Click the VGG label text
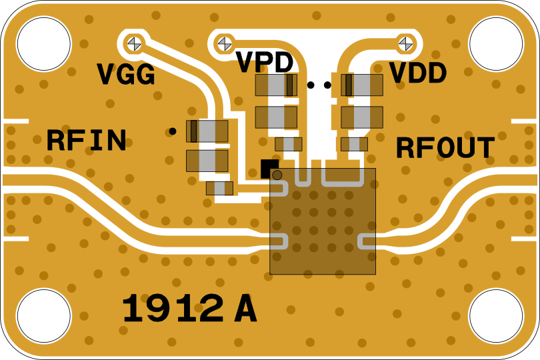tap(126, 75)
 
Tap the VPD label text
tap(265, 63)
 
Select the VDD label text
tap(418, 73)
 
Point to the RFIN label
tap(86, 141)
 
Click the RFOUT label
tap(445, 148)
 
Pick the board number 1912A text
tap(189, 309)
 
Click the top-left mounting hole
tap(43, 44)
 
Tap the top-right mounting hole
tap(495, 44)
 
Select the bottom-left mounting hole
tap(43, 315)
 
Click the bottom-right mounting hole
tap(495, 315)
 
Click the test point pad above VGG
tap(135, 43)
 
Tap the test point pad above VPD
tap(225, 43)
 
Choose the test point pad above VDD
tap(405, 43)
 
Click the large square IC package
tap(323, 221)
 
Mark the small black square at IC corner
tap(268, 168)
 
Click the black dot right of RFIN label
tap(173, 131)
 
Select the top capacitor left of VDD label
tap(362, 85)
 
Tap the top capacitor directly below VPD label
tap(276, 85)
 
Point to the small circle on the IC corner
tap(277, 175)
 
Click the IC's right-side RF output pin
tap(369, 240)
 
